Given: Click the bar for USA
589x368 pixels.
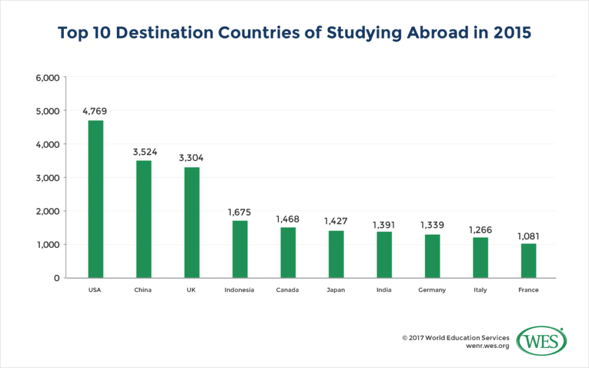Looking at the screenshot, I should (x=95, y=199).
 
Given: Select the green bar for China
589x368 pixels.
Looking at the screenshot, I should (x=144, y=219).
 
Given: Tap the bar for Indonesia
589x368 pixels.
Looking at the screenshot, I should (x=240, y=249).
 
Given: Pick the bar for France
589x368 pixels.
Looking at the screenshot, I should (x=529, y=260).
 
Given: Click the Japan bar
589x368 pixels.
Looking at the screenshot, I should (x=336, y=254).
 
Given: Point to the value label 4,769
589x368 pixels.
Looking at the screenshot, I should (x=95, y=111).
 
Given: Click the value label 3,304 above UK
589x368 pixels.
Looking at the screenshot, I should (x=192, y=158).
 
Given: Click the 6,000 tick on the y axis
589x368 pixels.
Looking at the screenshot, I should (x=48, y=78).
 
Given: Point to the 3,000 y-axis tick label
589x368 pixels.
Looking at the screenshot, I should (x=48, y=178).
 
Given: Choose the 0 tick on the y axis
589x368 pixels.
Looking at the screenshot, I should (x=56, y=278).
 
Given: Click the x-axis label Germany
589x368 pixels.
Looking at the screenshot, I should (x=432, y=290).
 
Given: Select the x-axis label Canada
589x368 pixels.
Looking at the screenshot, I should (x=288, y=290).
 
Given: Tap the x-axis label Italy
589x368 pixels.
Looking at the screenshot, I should (x=480, y=290).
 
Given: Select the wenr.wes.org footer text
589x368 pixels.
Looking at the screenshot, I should (x=487, y=347).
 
